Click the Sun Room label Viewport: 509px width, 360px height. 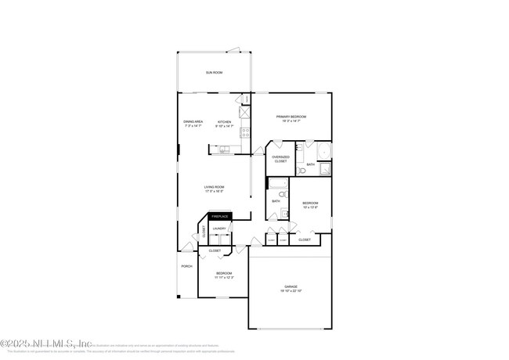pos(214,72)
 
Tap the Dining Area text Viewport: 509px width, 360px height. pos(193,121)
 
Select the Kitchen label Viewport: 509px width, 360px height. pos(224,121)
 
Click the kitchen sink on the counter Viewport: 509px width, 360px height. pos(225,149)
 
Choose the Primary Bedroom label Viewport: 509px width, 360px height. pos(291,117)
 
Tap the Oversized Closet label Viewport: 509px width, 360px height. pos(280,159)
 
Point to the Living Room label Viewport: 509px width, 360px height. pos(214,186)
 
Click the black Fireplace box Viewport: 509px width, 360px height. pos(219,216)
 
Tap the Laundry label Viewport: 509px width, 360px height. pos(219,229)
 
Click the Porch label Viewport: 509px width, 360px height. pos(186,266)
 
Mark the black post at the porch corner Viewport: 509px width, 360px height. pos(178,297)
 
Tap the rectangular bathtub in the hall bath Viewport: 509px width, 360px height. pos(278,185)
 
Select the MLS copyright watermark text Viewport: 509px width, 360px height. pos(47,343)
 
